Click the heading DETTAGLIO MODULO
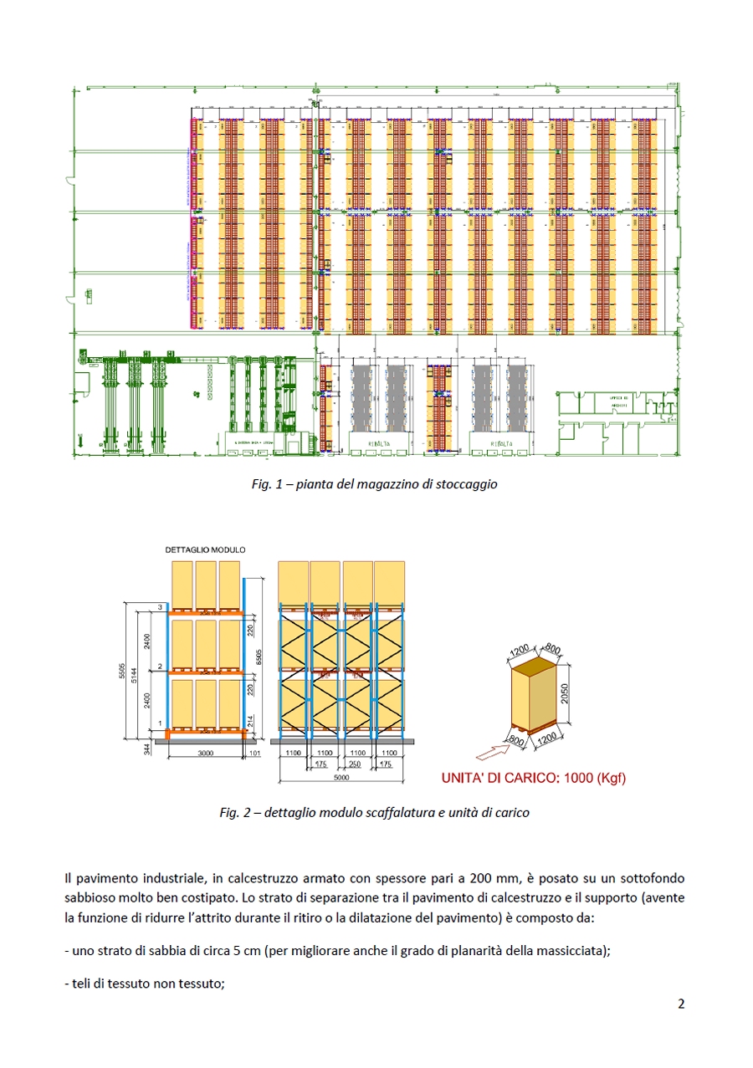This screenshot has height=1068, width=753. [205, 550]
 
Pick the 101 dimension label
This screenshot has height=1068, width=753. [256, 753]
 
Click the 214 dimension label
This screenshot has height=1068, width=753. [249, 719]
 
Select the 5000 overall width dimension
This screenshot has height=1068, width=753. [341, 778]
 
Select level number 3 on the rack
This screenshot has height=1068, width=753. [159, 606]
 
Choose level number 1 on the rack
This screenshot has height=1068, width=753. [159, 722]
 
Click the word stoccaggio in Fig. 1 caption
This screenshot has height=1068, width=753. [469, 484]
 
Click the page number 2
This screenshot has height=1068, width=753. [681, 1004]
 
